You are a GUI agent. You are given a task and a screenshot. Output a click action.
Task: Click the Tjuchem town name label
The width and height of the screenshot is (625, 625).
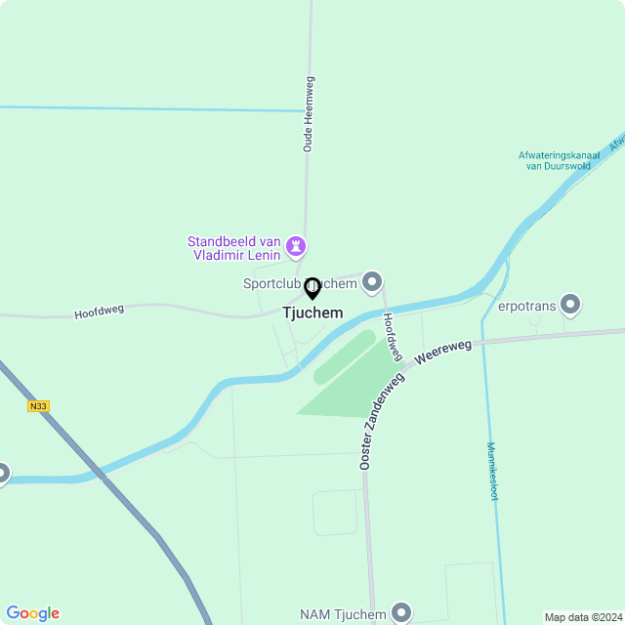tap(312, 313)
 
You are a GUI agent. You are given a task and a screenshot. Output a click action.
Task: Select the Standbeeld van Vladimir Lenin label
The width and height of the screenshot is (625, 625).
tap(234, 248)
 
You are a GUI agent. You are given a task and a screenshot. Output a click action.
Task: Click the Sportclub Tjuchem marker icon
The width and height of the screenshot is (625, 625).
tap(372, 283)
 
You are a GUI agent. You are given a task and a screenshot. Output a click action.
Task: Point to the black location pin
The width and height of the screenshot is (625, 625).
tap(312, 289)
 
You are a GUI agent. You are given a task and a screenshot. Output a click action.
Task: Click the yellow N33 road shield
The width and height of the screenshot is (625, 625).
tap(38, 406)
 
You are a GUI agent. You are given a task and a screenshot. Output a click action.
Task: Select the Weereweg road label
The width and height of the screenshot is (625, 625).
tap(442, 353)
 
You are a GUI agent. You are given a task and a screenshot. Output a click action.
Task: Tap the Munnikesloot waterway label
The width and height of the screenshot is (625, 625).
tap(492, 471)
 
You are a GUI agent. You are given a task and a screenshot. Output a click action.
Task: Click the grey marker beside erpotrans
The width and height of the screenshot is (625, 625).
tap(571, 305)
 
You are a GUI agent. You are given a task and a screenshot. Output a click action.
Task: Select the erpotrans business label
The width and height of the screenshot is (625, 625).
tap(526, 305)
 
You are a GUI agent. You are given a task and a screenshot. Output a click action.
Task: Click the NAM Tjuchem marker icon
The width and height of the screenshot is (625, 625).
tap(401, 612)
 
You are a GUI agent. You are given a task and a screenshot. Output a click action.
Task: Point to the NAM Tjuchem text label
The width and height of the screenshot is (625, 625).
tap(343, 613)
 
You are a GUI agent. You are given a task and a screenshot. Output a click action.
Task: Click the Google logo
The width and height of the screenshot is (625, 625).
tap(32, 613)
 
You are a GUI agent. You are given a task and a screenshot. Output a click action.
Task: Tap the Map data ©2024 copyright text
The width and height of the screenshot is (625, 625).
tap(582, 617)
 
